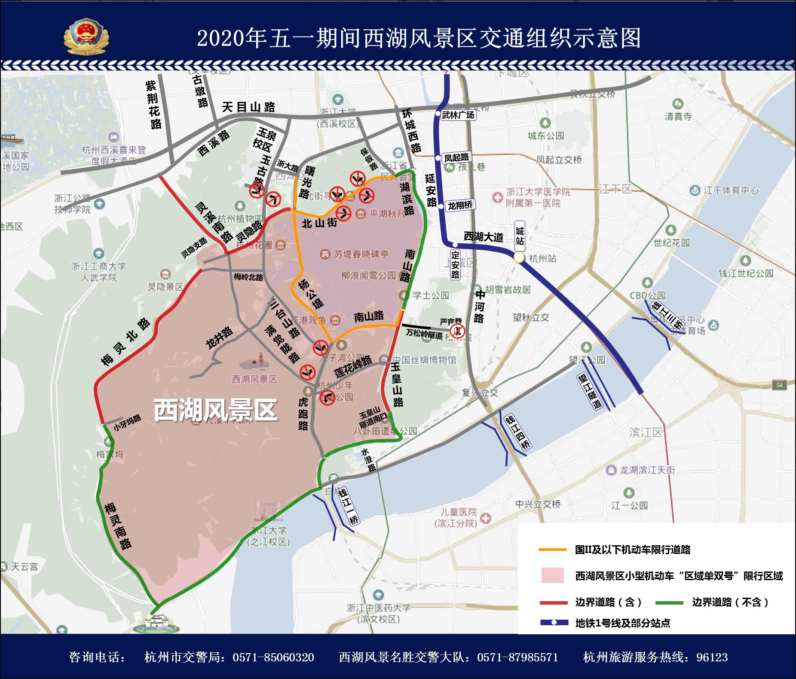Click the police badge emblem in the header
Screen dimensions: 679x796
click(x=86, y=36)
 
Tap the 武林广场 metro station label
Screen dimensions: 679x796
click(x=458, y=115)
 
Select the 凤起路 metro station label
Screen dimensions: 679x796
click(x=456, y=157)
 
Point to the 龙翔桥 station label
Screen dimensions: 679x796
click(x=460, y=205)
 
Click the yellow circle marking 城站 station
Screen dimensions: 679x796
click(x=519, y=258)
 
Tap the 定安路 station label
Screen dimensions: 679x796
click(x=455, y=264)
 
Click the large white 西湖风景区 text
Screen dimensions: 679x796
click(x=215, y=410)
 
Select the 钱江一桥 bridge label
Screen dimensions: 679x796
click(x=348, y=507)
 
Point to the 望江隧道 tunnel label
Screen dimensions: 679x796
click(x=590, y=390)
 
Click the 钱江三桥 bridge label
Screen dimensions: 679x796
click(x=667, y=316)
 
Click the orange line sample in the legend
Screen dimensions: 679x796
click(x=552, y=550)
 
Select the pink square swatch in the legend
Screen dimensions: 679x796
click(x=552, y=575)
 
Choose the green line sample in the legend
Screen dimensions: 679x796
click(x=669, y=603)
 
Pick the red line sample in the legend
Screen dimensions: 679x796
click(x=553, y=603)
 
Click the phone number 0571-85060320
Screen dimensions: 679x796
click(x=273, y=657)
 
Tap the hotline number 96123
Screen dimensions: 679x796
click(x=712, y=657)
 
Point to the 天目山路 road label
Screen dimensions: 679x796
click(x=248, y=107)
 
